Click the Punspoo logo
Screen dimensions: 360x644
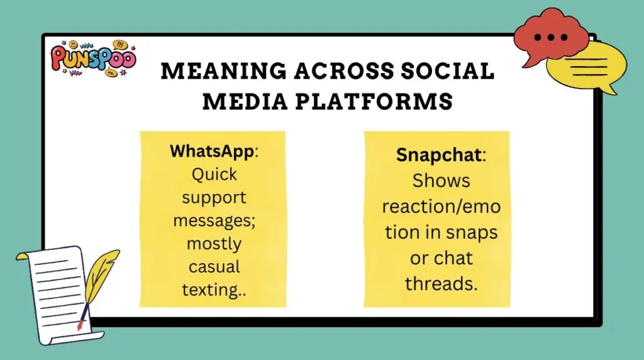tap(93, 59)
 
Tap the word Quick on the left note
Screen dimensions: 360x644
tap(211, 174)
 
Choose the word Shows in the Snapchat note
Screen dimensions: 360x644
tap(441, 181)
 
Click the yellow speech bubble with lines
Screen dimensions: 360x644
tap(586, 66)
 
